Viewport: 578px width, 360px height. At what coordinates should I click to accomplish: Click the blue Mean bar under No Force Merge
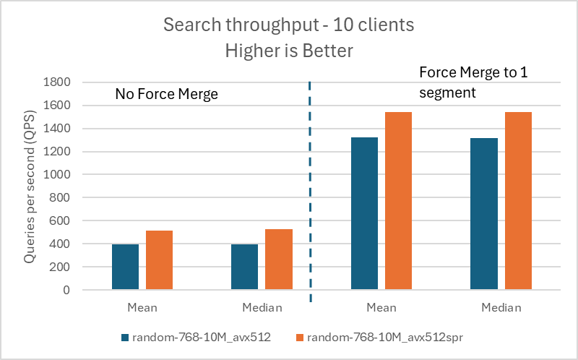pyautogui.click(x=125, y=267)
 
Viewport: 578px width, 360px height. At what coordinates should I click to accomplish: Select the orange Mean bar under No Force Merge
pyautogui.click(x=159, y=260)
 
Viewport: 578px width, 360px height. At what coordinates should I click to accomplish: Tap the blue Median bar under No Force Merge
pyautogui.click(x=244, y=267)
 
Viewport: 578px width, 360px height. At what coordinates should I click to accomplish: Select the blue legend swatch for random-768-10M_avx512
pyautogui.click(x=126, y=337)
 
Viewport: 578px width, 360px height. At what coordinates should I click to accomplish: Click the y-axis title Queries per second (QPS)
pyautogui.click(x=29, y=187)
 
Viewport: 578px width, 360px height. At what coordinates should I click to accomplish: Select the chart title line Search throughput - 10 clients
pyautogui.click(x=288, y=25)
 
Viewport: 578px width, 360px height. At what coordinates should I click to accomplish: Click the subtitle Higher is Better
pyautogui.click(x=288, y=51)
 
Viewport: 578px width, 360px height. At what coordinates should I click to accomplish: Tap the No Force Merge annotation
pyautogui.click(x=166, y=94)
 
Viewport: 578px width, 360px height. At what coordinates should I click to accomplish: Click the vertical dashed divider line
pyautogui.click(x=310, y=188)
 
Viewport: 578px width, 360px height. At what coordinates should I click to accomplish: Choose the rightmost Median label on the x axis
pyautogui.click(x=501, y=308)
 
